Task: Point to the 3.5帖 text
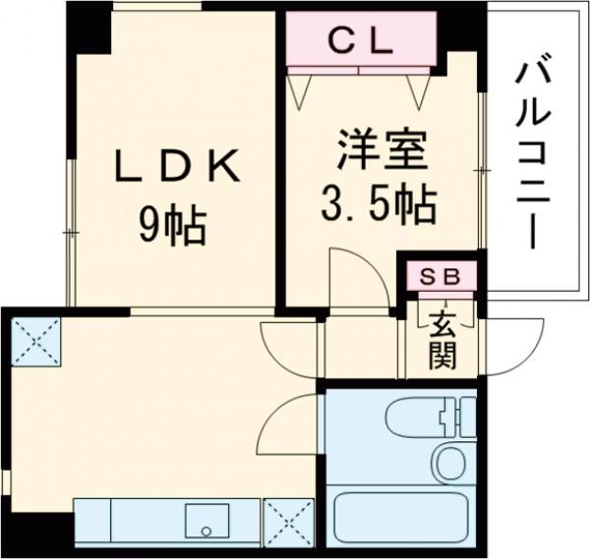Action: click(x=379, y=206)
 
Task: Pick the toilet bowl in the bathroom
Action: click(x=454, y=461)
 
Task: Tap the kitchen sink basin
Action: click(x=206, y=518)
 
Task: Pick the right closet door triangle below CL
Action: click(x=421, y=88)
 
